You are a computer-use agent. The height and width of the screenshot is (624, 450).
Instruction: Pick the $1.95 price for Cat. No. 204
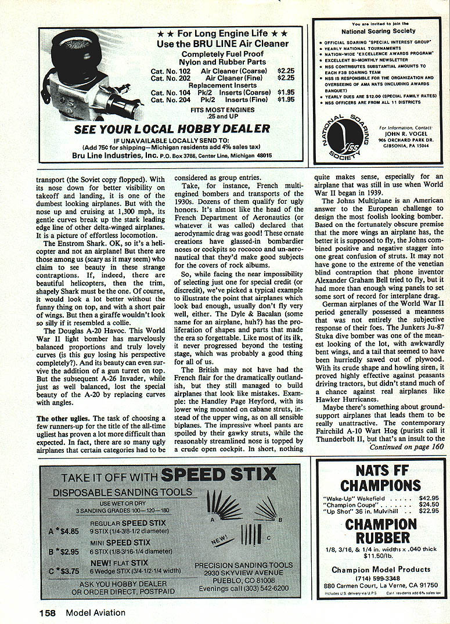tap(286, 99)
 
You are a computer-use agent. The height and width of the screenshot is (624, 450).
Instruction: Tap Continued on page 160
tap(405, 447)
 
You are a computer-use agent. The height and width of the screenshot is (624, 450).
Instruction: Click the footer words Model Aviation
tap(95, 612)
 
